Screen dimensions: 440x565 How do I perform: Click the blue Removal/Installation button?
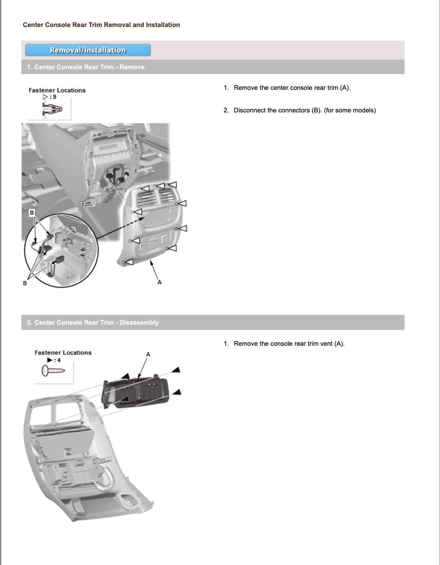(x=88, y=50)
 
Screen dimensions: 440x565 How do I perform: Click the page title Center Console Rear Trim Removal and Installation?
(x=102, y=25)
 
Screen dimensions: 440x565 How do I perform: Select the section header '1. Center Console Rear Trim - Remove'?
(x=85, y=67)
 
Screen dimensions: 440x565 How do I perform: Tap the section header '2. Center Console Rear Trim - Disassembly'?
(x=93, y=322)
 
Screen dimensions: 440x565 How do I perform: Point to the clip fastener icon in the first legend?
(x=52, y=109)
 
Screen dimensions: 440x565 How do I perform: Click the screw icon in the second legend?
(x=53, y=370)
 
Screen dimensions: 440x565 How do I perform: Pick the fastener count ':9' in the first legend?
(x=53, y=97)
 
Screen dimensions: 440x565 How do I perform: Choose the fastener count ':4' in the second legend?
(x=58, y=360)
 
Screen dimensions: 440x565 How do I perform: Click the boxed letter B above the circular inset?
(x=32, y=213)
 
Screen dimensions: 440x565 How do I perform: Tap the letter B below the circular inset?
(x=25, y=283)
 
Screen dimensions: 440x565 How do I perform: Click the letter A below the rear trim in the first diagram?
(x=160, y=282)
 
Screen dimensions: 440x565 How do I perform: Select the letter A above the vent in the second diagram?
(x=148, y=354)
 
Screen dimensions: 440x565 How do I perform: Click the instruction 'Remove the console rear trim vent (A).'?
(x=289, y=343)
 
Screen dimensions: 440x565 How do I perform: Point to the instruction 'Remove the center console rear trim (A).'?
(x=292, y=87)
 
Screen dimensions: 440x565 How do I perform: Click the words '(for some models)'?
(x=350, y=110)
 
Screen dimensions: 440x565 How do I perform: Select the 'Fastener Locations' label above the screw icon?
(x=63, y=353)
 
